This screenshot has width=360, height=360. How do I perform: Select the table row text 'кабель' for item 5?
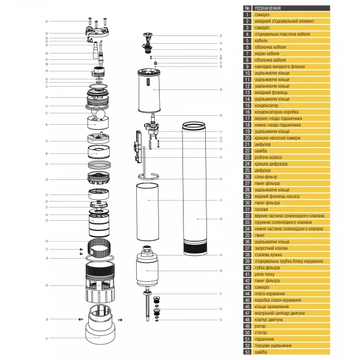(x=262, y=40)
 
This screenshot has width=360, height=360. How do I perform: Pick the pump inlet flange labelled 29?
(x=100, y=285)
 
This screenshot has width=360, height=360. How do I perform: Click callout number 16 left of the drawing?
(x=46, y=125)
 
